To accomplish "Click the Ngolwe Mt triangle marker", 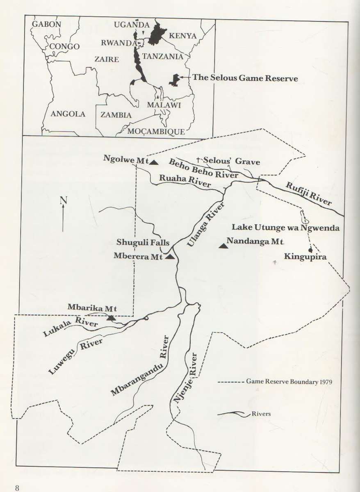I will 154,162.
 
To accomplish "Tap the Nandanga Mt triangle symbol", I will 223,246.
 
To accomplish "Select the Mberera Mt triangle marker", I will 170,257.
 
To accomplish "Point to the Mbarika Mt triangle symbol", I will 111,318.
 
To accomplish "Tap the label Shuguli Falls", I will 143,242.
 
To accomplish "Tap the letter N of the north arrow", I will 63,200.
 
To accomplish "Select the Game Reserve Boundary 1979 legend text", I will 289,381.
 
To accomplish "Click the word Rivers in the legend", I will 262,414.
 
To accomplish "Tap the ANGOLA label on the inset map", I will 68,114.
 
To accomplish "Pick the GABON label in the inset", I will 46,24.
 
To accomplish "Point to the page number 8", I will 17,487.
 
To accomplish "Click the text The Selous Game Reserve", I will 245,77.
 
